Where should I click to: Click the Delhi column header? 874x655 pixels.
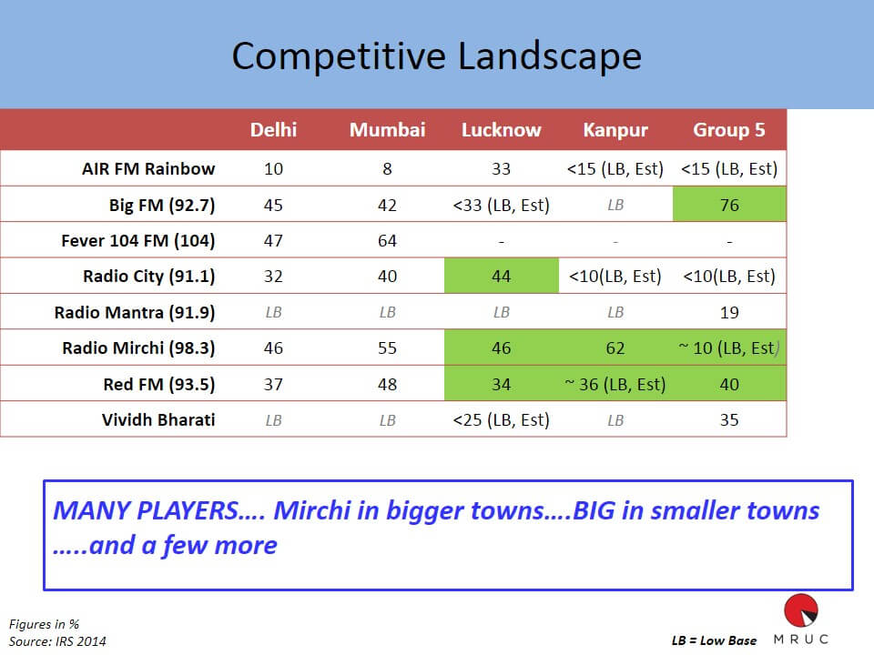click(x=273, y=130)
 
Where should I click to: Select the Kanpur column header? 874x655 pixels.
click(x=615, y=130)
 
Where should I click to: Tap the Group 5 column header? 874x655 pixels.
click(x=729, y=130)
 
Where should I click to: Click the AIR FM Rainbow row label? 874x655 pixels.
click(x=148, y=168)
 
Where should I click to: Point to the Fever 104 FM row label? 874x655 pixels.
click(x=137, y=240)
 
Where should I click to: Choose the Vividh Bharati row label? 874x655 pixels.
click(x=158, y=419)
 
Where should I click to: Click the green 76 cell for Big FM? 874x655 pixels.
click(x=729, y=205)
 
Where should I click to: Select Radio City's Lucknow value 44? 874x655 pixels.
click(x=501, y=277)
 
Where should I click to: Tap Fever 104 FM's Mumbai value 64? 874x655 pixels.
click(x=387, y=240)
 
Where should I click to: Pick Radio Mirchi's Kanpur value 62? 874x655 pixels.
click(x=615, y=348)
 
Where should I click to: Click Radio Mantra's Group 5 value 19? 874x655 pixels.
click(x=729, y=312)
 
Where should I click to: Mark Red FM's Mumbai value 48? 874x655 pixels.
click(x=387, y=384)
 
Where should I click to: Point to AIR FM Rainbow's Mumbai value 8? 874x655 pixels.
click(x=387, y=169)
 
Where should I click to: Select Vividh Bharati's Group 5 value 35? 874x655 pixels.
click(x=729, y=420)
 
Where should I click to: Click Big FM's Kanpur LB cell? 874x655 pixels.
click(x=615, y=205)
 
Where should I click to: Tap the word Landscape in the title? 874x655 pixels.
click(x=550, y=56)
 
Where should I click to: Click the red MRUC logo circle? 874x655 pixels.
click(x=801, y=610)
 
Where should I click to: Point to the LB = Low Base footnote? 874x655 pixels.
click(x=714, y=640)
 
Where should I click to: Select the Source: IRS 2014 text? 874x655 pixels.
click(x=57, y=641)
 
